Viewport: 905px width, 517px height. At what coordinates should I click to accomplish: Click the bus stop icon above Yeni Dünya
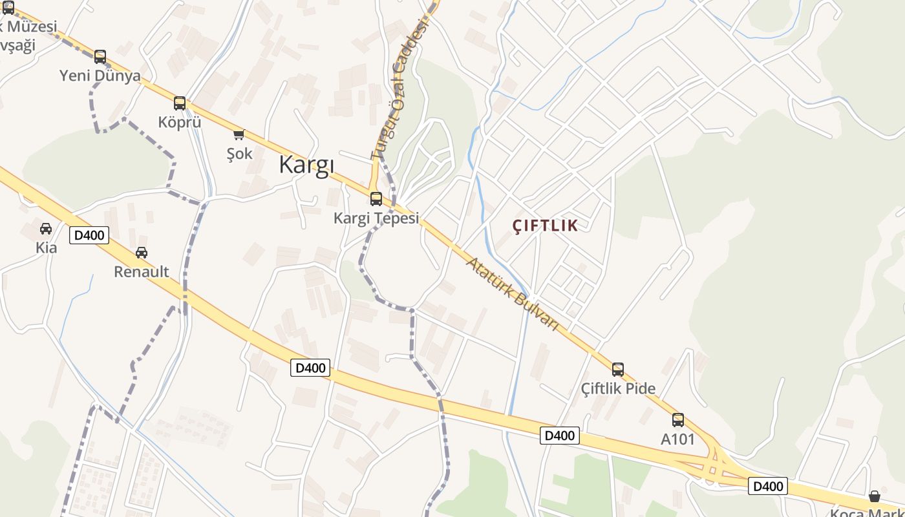point(100,57)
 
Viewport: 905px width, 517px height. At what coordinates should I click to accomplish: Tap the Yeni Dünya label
point(100,76)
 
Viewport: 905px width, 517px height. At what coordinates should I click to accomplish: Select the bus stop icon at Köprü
point(180,103)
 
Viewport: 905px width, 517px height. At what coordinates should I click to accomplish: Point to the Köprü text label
point(180,122)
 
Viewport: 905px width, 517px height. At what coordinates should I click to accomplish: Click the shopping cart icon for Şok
point(239,134)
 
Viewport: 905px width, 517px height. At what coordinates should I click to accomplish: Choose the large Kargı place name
point(306,165)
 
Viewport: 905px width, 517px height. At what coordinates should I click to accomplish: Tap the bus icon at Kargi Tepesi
point(376,199)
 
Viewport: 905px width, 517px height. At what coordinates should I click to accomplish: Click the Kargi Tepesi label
point(376,218)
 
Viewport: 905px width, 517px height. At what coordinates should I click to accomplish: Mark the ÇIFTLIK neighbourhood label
point(545,226)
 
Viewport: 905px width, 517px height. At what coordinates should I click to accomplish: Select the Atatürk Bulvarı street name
point(512,294)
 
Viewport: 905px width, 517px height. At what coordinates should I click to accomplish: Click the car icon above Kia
point(46,229)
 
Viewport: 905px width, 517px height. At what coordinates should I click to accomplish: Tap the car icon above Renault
point(142,253)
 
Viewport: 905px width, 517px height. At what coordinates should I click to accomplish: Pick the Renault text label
point(142,271)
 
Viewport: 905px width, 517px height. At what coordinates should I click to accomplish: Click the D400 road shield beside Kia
point(89,235)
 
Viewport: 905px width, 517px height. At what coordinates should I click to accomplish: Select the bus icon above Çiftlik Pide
point(618,370)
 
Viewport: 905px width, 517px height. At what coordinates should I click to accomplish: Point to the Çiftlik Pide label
point(618,389)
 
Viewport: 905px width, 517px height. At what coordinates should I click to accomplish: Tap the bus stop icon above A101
point(677,420)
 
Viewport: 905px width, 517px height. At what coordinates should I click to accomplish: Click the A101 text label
point(677,439)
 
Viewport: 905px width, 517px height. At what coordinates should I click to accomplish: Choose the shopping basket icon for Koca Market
point(875,496)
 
